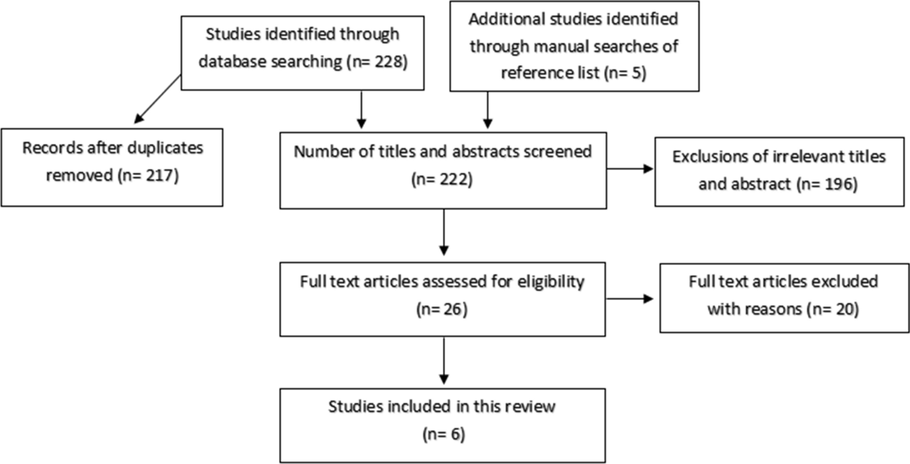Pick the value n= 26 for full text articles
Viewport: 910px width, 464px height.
[x=442, y=309]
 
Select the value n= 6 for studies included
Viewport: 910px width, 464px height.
[x=444, y=435]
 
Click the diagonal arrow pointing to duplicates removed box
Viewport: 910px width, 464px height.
[x=158, y=99]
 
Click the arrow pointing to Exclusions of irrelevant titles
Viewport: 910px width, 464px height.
[x=629, y=169]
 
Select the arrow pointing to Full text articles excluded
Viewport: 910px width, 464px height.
[x=629, y=299]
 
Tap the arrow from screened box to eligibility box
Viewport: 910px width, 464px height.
[x=443, y=232]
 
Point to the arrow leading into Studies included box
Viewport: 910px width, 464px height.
[x=443, y=360]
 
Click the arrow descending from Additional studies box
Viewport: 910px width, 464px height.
[x=487, y=109]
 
